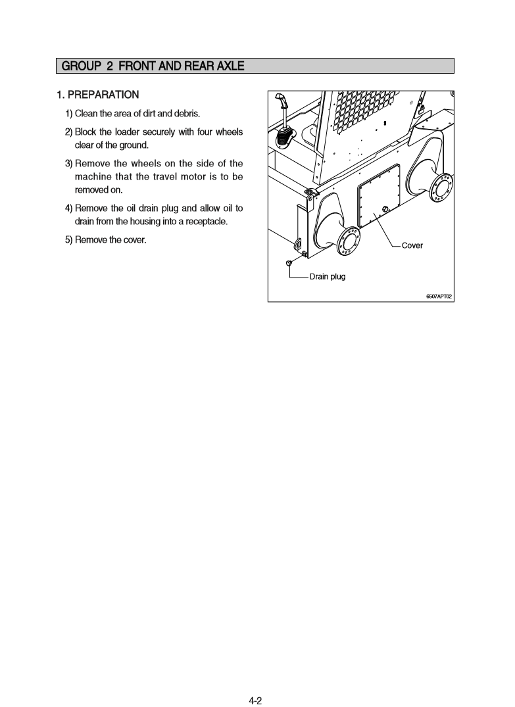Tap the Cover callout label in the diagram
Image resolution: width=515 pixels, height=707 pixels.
tap(412, 245)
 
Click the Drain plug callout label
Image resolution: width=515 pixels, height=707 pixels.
tap(328, 276)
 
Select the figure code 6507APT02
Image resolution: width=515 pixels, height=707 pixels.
tap(439, 296)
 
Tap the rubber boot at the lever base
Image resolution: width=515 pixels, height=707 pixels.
tap(284, 139)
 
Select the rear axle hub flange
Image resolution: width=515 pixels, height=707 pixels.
tap(438, 187)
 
